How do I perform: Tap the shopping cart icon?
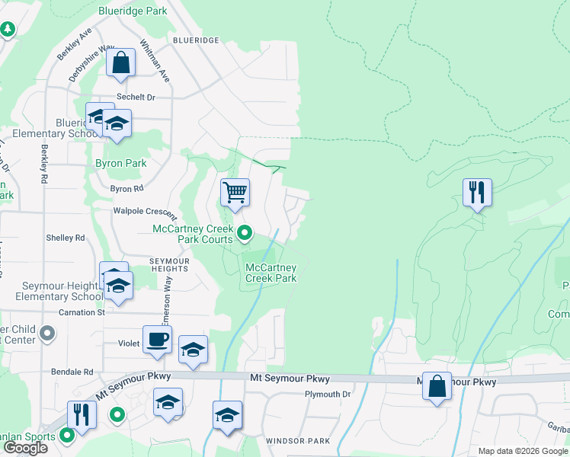(235, 192)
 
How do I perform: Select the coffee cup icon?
(157, 340)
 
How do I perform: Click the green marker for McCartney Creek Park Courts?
(244, 232)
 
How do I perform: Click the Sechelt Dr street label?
(136, 97)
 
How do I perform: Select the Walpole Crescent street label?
(145, 210)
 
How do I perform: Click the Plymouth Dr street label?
(327, 394)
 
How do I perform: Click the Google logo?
(25, 448)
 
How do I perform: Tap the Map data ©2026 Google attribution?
(522, 451)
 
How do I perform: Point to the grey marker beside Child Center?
(47, 334)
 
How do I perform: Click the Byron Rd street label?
(126, 188)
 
